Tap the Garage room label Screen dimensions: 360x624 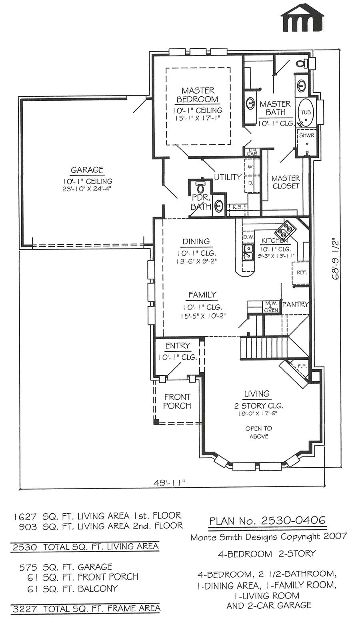point(87,169)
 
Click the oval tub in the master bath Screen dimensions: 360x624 point(306,112)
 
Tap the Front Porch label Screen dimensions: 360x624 point(177,401)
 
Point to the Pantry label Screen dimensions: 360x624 point(295,304)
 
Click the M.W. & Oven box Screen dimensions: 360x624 point(271,307)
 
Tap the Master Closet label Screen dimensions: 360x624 point(286,182)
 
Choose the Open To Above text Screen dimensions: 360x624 point(258,433)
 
